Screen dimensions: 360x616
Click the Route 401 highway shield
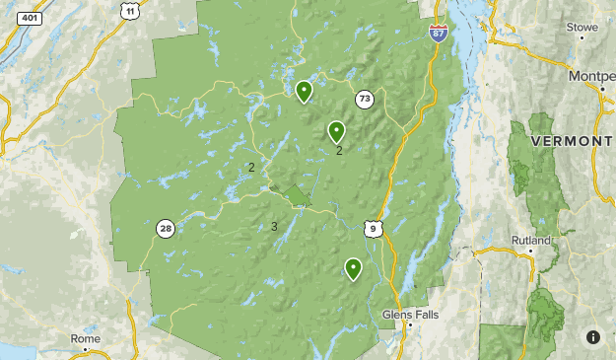click(31, 18)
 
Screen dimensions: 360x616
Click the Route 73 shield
click(365, 99)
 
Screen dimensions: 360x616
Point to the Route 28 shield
click(166, 229)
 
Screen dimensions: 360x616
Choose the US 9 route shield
click(371, 229)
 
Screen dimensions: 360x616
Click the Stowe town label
click(582, 27)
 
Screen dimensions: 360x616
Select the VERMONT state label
click(572, 142)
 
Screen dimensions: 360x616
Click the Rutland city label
click(530, 240)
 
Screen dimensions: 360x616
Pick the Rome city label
click(86, 338)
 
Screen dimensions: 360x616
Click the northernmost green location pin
click(305, 91)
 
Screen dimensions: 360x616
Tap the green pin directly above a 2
click(336, 131)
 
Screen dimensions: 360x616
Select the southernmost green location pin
click(353, 268)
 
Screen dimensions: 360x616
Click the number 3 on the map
click(274, 227)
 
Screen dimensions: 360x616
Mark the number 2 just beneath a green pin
click(339, 151)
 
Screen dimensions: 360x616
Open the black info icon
click(592, 337)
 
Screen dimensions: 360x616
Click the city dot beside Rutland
click(531, 251)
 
